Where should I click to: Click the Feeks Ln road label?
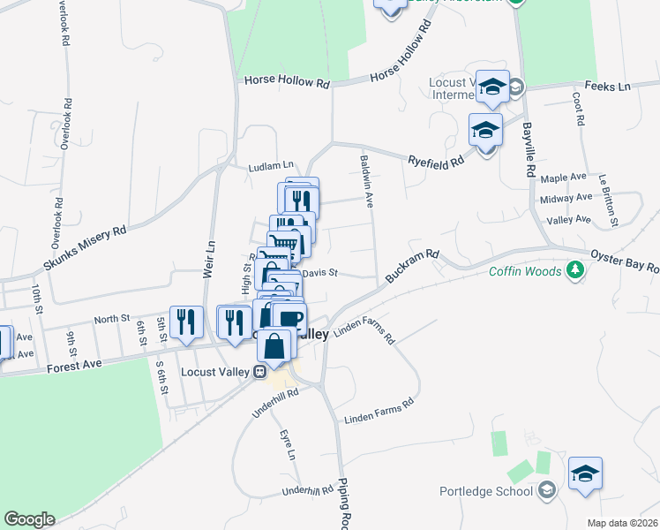pyautogui.click(x=612, y=87)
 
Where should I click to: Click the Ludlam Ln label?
pyautogui.click(x=270, y=165)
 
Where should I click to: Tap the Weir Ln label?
pyautogui.click(x=210, y=260)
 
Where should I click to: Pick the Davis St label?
pyautogui.click(x=320, y=273)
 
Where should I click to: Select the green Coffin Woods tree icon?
pyautogui.click(x=575, y=270)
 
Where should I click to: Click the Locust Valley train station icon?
pyautogui.click(x=260, y=371)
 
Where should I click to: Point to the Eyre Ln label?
pyautogui.click(x=288, y=444)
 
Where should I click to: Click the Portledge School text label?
pyautogui.click(x=486, y=491)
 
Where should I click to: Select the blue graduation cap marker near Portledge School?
pyautogui.click(x=585, y=473)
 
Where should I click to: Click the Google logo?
pyautogui.click(x=29, y=519)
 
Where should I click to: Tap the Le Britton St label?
pyautogui.click(x=609, y=196)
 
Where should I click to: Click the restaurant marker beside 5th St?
pyautogui.click(x=185, y=322)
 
